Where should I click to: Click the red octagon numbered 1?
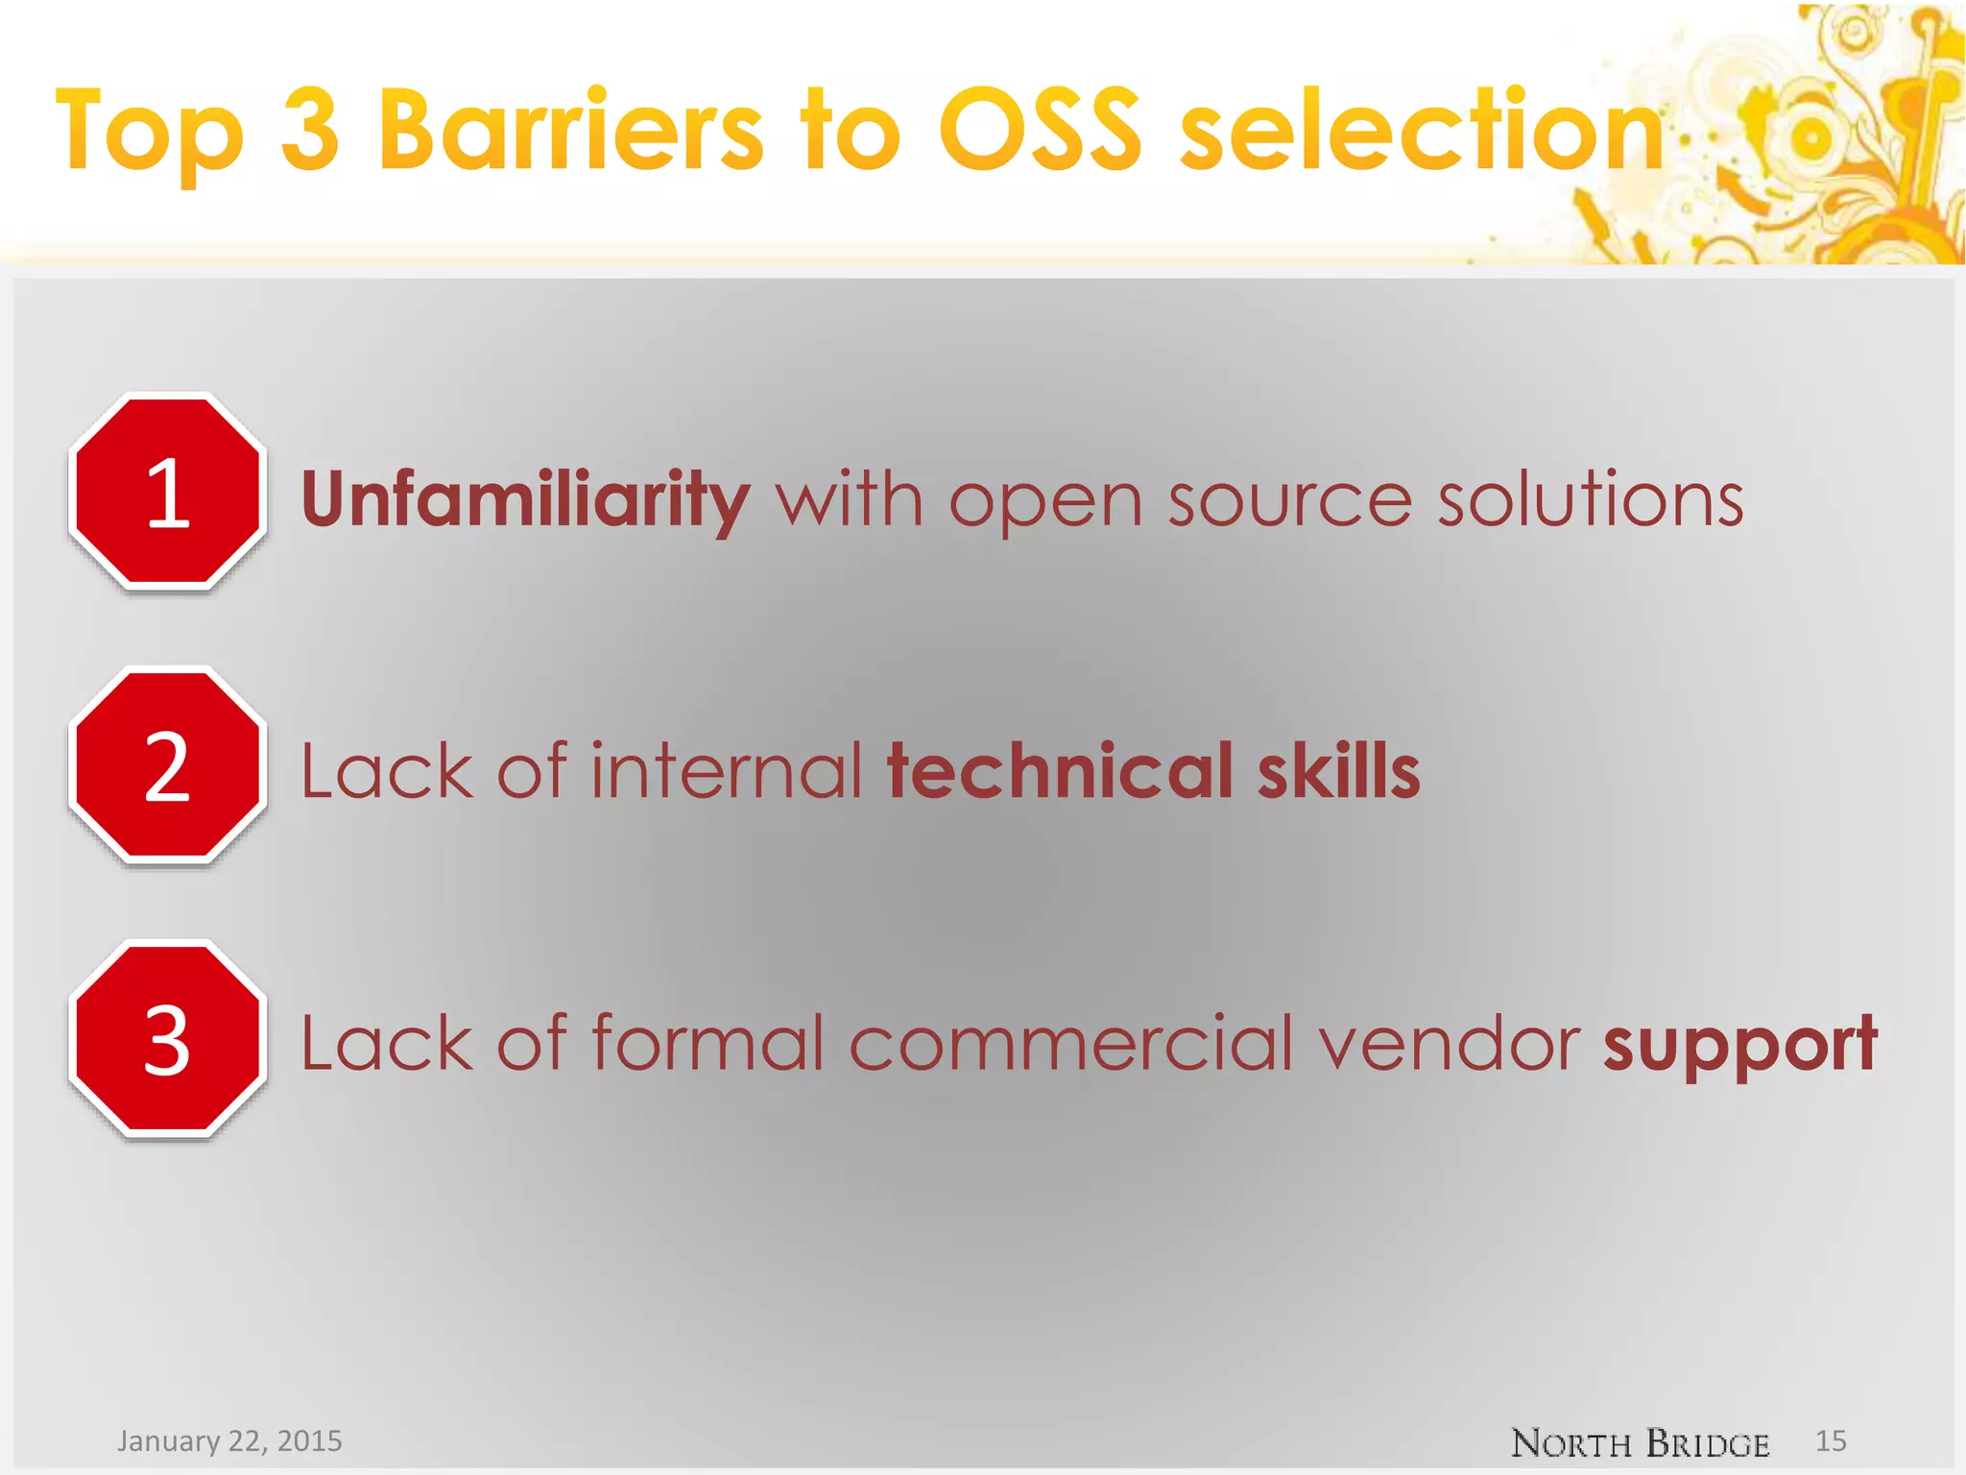[x=168, y=492]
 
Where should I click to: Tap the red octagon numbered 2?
[x=168, y=765]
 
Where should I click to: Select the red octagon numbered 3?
[x=168, y=1039]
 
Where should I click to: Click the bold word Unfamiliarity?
[x=525, y=499]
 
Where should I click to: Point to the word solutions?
[x=1590, y=499]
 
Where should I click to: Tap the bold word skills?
[x=1338, y=771]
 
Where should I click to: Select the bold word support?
[x=1739, y=1045]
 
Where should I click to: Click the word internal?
[x=727, y=771]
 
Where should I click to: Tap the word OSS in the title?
[x=1040, y=130]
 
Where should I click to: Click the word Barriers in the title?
[x=571, y=130]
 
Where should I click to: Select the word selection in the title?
[x=1422, y=130]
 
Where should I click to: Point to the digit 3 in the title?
[x=310, y=130]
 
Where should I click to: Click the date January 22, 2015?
[x=229, y=1440]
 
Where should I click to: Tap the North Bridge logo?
[x=1640, y=1442]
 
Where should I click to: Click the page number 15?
[x=1831, y=1440]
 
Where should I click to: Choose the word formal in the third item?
[x=707, y=1045]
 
